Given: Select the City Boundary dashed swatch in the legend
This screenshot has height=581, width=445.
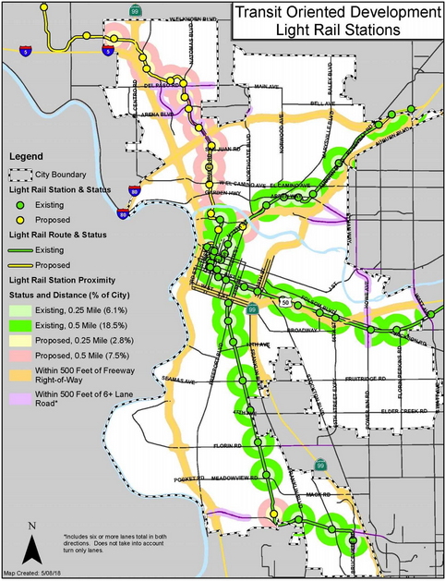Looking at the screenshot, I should click(x=21, y=174).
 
